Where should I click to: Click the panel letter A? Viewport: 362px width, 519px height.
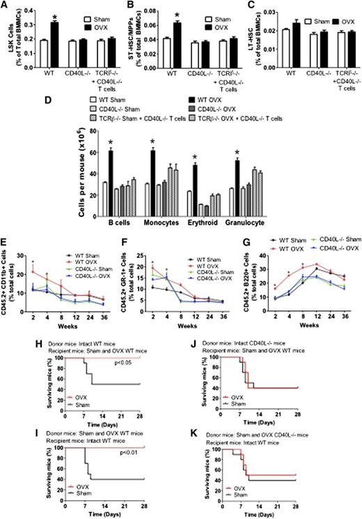[x=6, y=6]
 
